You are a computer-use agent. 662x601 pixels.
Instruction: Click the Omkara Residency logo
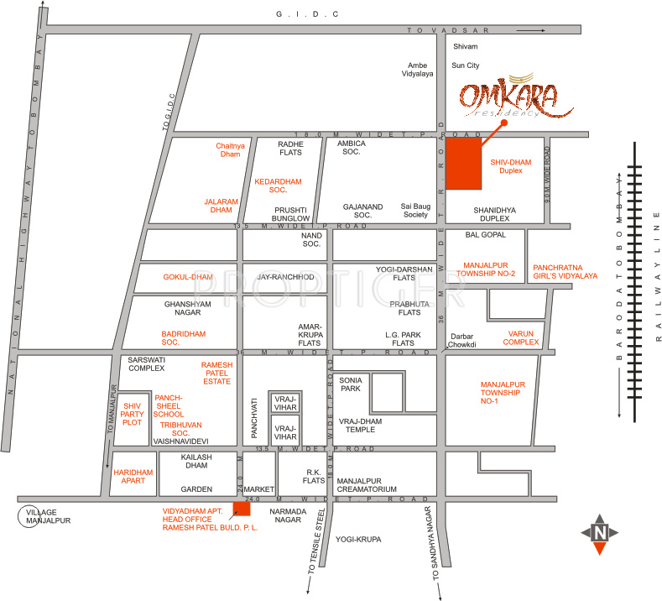point(515,98)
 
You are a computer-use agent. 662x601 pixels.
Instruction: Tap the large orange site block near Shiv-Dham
point(463,164)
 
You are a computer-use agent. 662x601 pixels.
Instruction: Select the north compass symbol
point(599,533)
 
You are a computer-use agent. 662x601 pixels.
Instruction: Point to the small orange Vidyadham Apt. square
point(242,508)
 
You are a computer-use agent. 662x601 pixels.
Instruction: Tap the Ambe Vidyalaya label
point(420,70)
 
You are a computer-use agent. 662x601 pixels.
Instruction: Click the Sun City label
point(466,65)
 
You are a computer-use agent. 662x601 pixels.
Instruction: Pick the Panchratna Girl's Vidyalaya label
point(565,270)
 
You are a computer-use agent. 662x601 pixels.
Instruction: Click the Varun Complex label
point(521,338)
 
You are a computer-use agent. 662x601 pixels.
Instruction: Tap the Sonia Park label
point(350,384)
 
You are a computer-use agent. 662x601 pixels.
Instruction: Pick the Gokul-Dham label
point(188,276)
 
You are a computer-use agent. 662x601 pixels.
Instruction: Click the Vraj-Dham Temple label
point(361,426)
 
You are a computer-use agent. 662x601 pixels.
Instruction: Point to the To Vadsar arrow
point(530,30)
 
